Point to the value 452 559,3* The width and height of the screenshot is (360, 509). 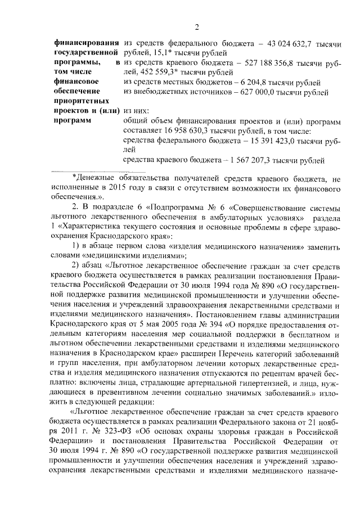157,73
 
